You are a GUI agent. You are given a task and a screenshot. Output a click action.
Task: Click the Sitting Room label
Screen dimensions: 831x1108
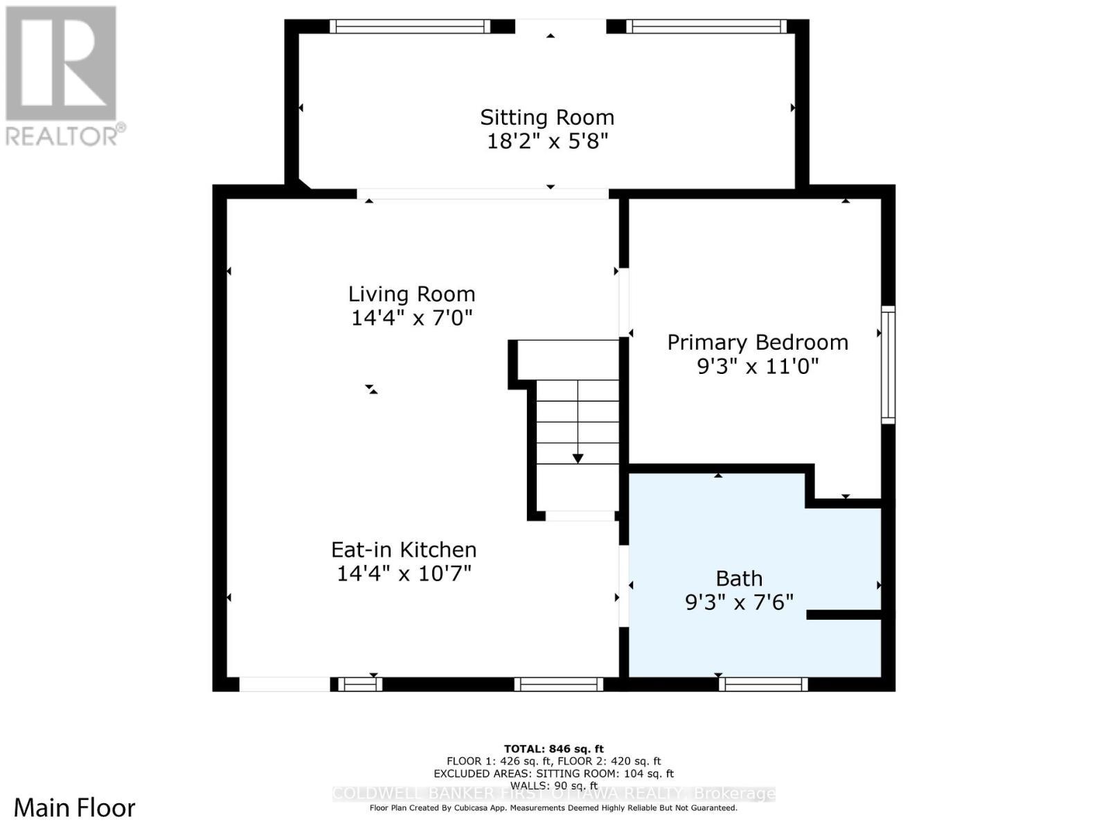coord(547,117)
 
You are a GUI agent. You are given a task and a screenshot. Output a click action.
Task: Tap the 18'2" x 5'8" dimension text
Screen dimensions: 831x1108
coord(547,141)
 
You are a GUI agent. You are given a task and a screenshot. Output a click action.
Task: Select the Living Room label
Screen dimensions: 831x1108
coord(411,294)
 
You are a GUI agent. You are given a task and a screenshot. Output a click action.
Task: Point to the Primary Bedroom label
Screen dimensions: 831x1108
coord(758,342)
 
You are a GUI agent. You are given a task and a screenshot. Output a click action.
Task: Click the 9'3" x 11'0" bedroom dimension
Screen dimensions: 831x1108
coord(758,366)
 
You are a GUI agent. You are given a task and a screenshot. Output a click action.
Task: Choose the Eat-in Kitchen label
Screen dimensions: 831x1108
coord(404,550)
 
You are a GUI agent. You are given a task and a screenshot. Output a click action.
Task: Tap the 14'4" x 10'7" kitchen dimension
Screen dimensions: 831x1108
coord(404,573)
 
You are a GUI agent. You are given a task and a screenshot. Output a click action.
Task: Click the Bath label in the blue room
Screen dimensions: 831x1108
coord(739,578)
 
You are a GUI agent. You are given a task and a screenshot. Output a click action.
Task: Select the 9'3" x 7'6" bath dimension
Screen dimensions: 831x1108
coord(739,602)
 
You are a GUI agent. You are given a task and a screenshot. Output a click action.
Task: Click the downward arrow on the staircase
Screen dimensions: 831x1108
coord(578,458)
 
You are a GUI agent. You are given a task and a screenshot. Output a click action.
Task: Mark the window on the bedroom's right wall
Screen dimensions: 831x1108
coord(888,364)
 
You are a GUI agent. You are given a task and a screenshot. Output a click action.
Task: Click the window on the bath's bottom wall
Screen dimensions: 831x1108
coord(763,684)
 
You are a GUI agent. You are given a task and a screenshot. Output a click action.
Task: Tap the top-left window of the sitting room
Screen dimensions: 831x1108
coord(409,26)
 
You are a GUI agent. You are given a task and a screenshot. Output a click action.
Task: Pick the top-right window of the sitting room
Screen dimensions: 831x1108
coord(706,26)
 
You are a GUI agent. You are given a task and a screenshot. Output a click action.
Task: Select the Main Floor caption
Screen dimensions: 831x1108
coord(75,807)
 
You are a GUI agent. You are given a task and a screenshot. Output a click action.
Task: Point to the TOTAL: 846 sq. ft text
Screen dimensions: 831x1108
coord(553,749)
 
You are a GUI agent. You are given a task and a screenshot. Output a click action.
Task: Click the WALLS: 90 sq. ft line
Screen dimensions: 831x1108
coord(553,785)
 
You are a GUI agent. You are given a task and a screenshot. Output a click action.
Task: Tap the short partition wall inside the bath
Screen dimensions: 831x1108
coord(843,614)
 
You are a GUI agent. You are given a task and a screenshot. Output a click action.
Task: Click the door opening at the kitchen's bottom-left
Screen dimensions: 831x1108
coord(285,684)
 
